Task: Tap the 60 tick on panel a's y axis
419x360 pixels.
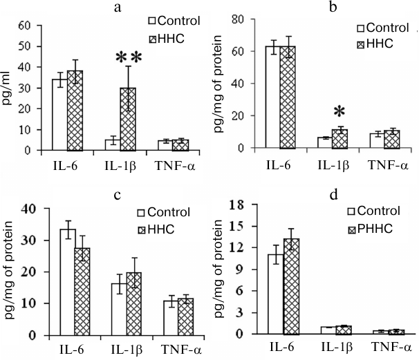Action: (30, 26)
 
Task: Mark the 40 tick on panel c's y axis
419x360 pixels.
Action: (29, 208)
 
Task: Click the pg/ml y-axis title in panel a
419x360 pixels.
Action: (9, 88)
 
